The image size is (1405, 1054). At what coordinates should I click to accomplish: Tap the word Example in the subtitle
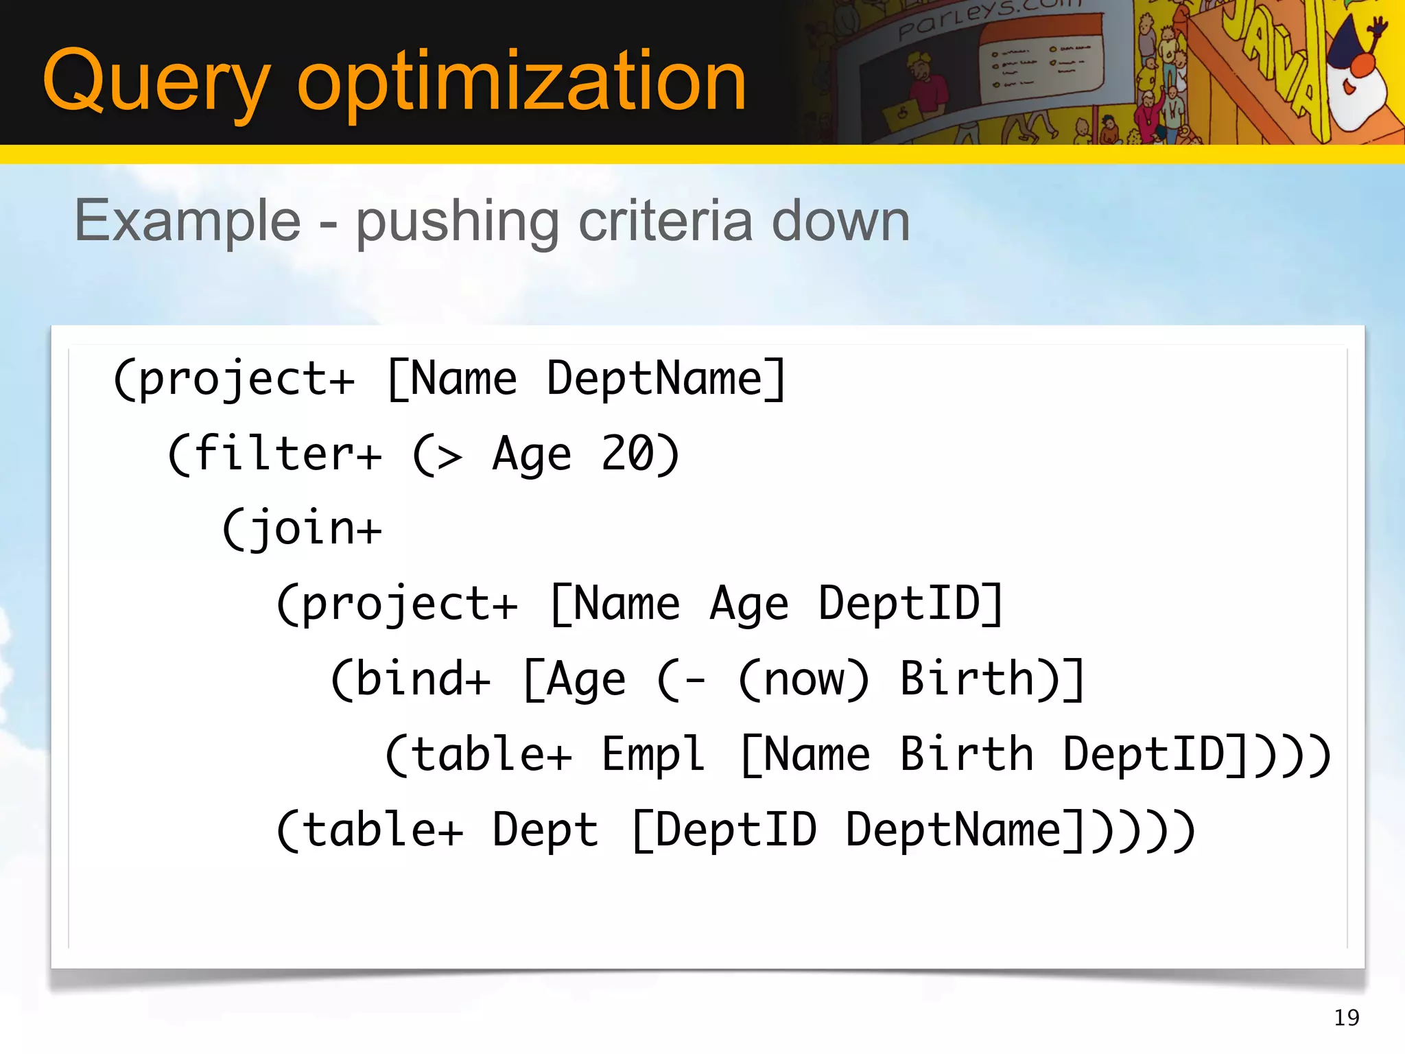pos(187,221)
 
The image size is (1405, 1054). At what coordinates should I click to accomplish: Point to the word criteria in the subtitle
pos(665,221)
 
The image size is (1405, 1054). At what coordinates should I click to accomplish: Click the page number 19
pos(1347,1018)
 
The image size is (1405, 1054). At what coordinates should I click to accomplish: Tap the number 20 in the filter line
pos(628,454)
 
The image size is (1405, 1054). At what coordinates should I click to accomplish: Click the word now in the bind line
pos(804,679)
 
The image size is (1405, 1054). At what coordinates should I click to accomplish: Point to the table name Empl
pos(653,755)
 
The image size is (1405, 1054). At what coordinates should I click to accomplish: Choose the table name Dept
pos(545,830)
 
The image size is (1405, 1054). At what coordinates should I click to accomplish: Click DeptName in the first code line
pos(654,379)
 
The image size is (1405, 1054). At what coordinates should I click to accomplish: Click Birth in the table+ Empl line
pos(966,755)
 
